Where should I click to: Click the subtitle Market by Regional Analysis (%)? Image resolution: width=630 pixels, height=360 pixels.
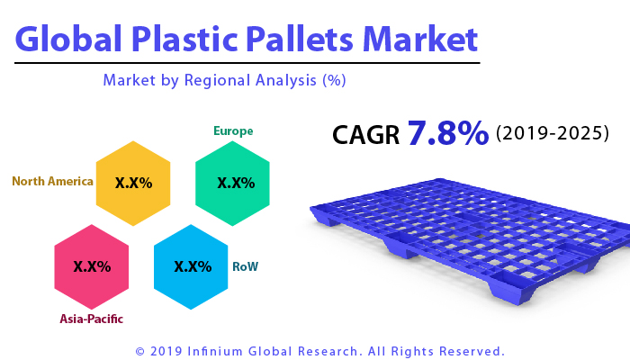pyautogui.click(x=224, y=80)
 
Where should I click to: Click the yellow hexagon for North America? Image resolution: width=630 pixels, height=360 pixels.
pyautogui.click(x=133, y=183)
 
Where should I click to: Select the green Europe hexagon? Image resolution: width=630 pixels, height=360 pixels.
pyautogui.click(x=233, y=183)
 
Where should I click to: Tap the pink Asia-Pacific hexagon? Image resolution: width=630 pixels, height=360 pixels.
pyautogui.click(x=92, y=266)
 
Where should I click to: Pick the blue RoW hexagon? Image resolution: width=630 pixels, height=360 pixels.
pyautogui.click(x=191, y=266)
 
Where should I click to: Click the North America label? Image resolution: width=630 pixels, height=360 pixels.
pyautogui.click(x=52, y=181)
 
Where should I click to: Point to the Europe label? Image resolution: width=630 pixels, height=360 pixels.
pyautogui.click(x=233, y=131)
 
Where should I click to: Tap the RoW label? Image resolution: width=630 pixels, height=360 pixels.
pyautogui.click(x=245, y=266)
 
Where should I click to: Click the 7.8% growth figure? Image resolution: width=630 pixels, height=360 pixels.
pyautogui.click(x=447, y=133)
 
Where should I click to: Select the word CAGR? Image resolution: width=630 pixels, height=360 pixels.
pyautogui.click(x=366, y=135)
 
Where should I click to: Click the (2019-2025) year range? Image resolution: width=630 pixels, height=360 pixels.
pyautogui.click(x=553, y=133)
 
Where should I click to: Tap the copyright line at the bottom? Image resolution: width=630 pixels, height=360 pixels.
pyautogui.click(x=319, y=350)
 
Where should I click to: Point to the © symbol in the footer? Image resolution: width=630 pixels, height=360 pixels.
pyautogui.click(x=139, y=350)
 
